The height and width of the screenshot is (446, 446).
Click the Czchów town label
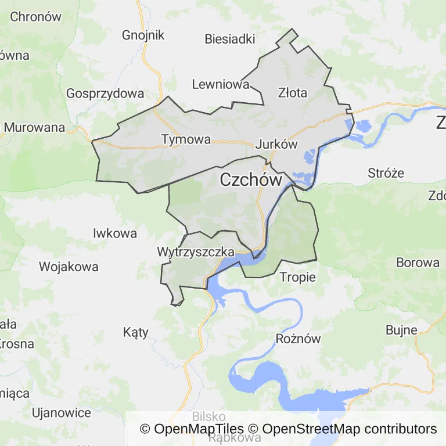[251, 180]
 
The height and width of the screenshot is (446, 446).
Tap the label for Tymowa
[186, 139]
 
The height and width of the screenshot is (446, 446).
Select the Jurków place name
[276, 145]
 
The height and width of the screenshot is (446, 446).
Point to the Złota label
[292, 92]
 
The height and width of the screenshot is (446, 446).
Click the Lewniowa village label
[220, 85]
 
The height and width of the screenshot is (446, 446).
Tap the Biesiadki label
[230, 39]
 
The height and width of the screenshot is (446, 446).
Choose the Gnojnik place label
[143, 35]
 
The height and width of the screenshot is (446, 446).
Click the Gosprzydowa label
[105, 93]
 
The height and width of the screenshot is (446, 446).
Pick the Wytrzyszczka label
[195, 252]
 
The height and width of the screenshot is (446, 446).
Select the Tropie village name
[298, 277]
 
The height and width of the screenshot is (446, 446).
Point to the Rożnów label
[298, 339]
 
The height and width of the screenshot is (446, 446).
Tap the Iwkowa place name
[115, 233]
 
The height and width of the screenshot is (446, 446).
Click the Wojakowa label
[69, 267]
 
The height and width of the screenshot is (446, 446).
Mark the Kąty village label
[136, 332]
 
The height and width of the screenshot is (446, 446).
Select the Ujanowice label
[62, 413]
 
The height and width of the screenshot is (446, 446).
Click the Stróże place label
[386, 172]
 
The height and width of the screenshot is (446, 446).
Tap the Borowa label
[418, 262]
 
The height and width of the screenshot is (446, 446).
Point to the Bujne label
[401, 330]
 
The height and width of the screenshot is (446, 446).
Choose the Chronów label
[35, 16]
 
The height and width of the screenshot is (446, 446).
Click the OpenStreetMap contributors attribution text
[350, 429]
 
